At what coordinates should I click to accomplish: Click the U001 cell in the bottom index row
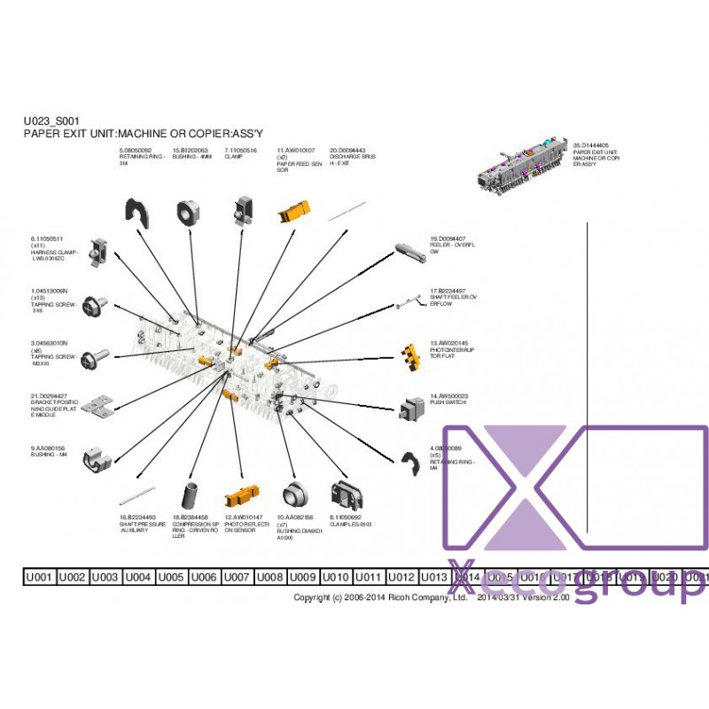pyautogui.click(x=39, y=577)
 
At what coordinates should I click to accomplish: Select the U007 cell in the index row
pyautogui.click(x=236, y=577)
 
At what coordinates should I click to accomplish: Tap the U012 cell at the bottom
pyautogui.click(x=401, y=577)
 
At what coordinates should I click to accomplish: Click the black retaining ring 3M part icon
pyautogui.click(x=136, y=214)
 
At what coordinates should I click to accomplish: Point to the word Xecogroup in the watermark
pyautogui.click(x=576, y=581)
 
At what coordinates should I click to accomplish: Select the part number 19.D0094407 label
pyautogui.click(x=448, y=238)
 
